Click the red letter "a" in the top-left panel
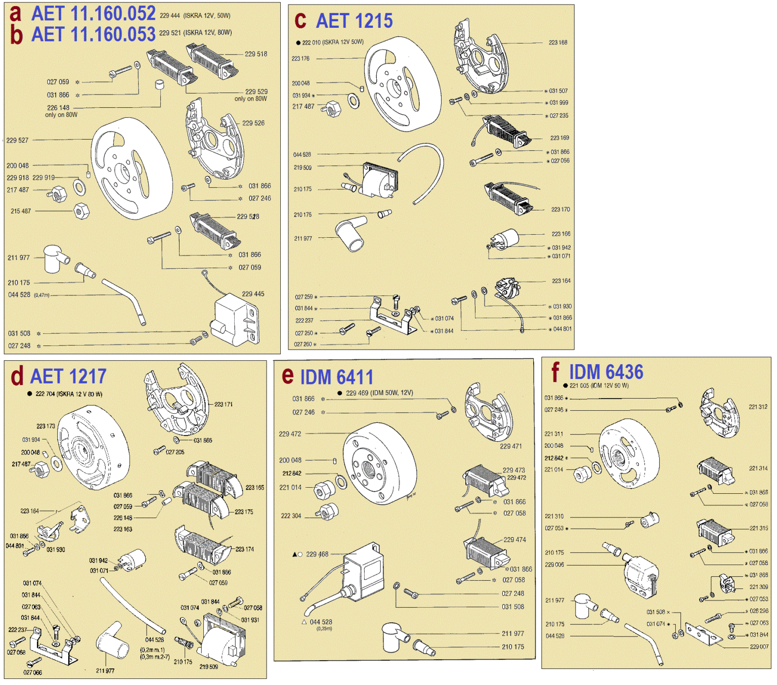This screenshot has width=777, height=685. pyautogui.click(x=16, y=13)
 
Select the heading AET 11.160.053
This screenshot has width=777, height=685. pyautogui.click(x=93, y=34)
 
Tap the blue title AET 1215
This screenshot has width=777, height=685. pyautogui.click(x=354, y=21)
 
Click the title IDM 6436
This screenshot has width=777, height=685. pyautogui.click(x=606, y=372)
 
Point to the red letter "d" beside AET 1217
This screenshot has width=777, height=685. pyautogui.click(x=17, y=376)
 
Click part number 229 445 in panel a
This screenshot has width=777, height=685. pyautogui.click(x=253, y=294)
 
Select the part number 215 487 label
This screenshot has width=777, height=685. pyautogui.click(x=21, y=211)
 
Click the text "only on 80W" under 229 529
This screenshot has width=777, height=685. pyautogui.click(x=250, y=99)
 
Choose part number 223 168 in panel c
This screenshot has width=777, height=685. pyautogui.click(x=558, y=42)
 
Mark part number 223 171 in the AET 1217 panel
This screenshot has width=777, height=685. pyautogui.click(x=223, y=404)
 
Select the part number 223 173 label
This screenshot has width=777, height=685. pyautogui.click(x=46, y=426)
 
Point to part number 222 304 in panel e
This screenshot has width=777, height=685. pyautogui.click(x=290, y=516)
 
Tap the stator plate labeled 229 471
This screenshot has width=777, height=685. pyautogui.click(x=488, y=412)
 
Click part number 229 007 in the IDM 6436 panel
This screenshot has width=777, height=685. pyautogui.click(x=759, y=647)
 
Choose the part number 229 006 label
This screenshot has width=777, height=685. pyautogui.click(x=554, y=565)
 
